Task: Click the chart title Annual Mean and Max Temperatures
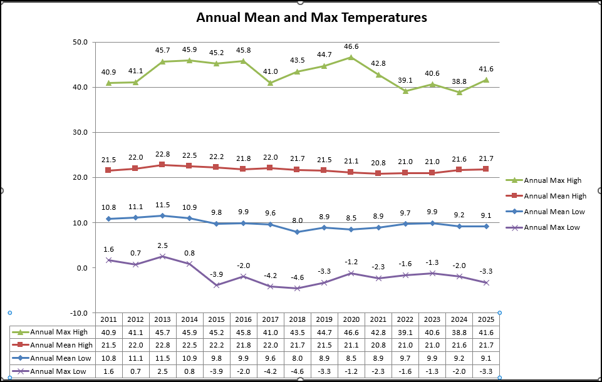[311, 18]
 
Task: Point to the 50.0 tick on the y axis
[80, 43]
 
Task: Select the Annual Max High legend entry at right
[552, 181]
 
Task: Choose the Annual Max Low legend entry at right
[551, 227]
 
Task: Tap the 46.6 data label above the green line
[350, 46]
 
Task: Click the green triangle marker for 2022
[405, 91]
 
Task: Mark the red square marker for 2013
[162, 165]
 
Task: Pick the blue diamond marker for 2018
[297, 232]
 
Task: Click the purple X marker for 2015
[216, 285]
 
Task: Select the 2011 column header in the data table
[108, 319]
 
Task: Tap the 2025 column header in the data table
[485, 319]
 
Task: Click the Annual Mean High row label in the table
[61, 345]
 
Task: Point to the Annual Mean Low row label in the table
[61, 358]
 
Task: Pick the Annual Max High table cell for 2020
[351, 332]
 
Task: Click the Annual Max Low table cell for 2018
[297, 371]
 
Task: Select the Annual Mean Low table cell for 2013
[162, 358]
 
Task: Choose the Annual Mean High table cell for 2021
[378, 345]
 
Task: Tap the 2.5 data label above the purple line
[162, 245]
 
